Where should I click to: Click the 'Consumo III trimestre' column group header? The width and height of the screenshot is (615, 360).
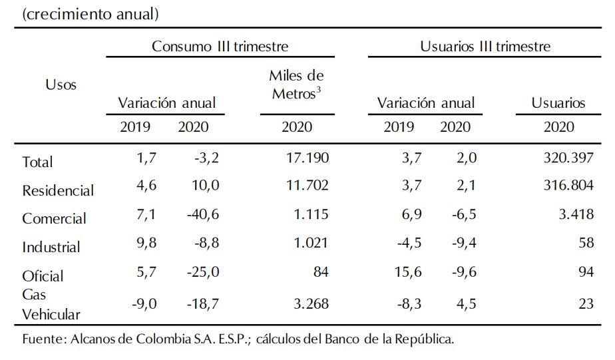tap(220, 47)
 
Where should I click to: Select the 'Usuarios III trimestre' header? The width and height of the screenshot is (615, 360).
tap(485, 47)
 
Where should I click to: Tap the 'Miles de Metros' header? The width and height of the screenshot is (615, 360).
tap(296, 85)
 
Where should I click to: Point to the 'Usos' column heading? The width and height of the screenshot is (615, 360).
tap(61, 85)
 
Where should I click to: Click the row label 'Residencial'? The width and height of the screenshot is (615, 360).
tap(58, 190)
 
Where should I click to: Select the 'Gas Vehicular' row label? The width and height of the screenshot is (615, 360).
tap(51, 304)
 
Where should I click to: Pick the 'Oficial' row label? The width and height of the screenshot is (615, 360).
tap(43, 275)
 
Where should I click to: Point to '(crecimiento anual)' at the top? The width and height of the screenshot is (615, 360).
tap(91, 13)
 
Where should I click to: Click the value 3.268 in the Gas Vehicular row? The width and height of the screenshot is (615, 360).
tap(307, 305)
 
